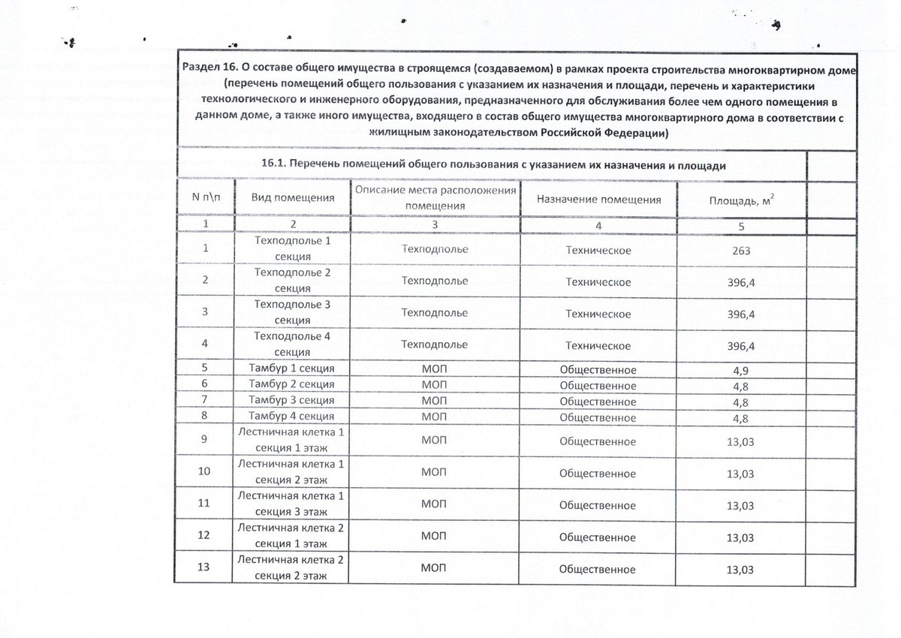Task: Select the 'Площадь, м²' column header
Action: click(741, 200)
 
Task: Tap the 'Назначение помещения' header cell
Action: click(598, 200)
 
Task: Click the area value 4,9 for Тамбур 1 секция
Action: click(741, 371)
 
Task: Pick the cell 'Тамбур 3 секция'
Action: click(291, 401)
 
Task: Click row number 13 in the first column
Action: click(203, 567)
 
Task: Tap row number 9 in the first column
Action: click(203, 440)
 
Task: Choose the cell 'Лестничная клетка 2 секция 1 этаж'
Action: click(291, 535)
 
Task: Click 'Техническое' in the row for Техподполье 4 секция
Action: click(598, 345)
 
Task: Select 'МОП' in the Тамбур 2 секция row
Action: click(434, 385)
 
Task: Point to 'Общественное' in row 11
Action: click(598, 504)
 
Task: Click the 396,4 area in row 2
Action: click(741, 283)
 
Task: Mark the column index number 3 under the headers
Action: click(435, 224)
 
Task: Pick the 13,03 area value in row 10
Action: click(740, 474)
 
